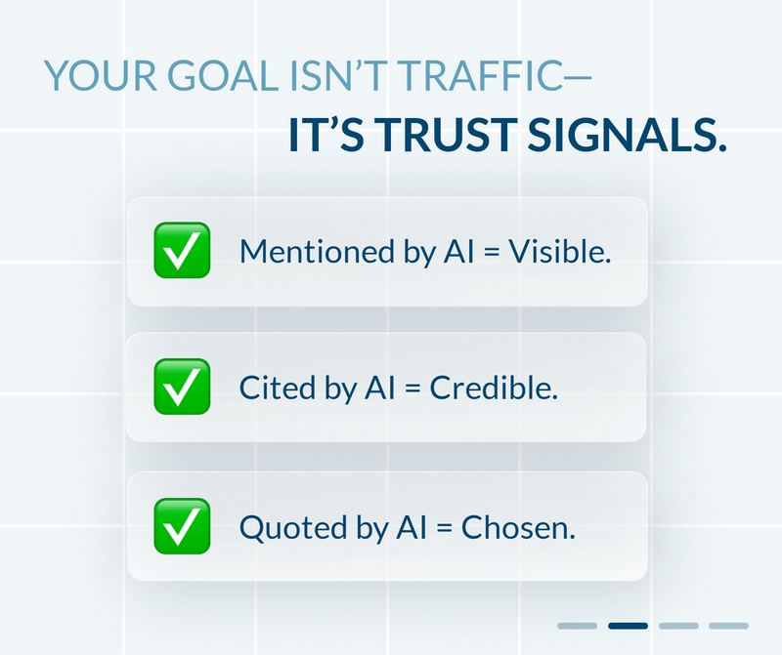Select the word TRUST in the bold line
point(441,137)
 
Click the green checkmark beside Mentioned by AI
point(182,251)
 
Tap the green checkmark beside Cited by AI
point(182,388)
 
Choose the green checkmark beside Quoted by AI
point(182,526)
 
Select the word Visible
point(568,252)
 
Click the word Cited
point(270,389)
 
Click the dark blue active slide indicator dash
point(628,625)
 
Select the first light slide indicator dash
point(577,625)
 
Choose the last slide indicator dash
point(728,625)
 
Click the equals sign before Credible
point(411,389)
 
